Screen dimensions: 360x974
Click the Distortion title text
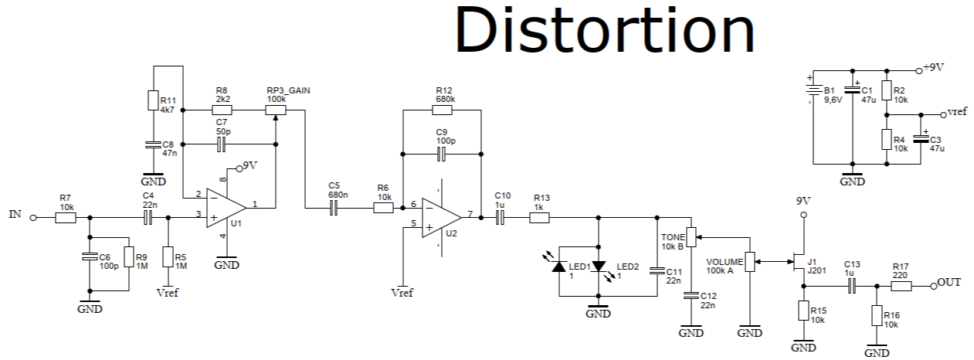pos(604,31)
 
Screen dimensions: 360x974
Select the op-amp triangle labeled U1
pos(225,209)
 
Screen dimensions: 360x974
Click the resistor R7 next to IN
pos(66,218)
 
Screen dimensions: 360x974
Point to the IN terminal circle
pos(32,218)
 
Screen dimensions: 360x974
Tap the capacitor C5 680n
pos(334,209)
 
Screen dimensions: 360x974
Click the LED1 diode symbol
pos(558,266)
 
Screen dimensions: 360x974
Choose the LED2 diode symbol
pos(599,266)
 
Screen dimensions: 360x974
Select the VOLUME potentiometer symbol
pos(748,263)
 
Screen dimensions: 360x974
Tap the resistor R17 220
pos(901,286)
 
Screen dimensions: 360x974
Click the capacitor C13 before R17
pos(851,286)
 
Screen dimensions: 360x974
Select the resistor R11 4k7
pos(153,101)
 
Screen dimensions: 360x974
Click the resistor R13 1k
pos(539,218)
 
